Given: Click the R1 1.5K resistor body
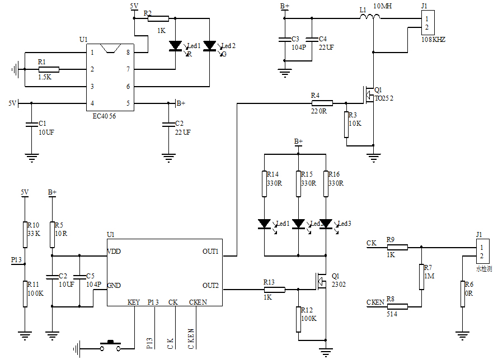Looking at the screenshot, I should (49, 69).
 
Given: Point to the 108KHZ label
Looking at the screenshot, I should (434, 40).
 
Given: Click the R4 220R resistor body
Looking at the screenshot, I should (322, 103).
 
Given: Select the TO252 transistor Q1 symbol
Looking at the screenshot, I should (368, 95).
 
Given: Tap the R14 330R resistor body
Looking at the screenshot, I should (265, 184).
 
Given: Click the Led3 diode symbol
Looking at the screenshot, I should (326, 225).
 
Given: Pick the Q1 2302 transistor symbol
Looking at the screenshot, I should (321, 281).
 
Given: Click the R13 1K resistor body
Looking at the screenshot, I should (274, 290).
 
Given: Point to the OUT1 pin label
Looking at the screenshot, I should (210, 252).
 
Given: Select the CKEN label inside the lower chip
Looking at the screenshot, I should (198, 302).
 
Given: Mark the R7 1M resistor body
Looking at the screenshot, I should (421, 277).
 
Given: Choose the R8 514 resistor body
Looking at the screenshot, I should (397, 306).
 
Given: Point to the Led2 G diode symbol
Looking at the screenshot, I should (210, 46).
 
